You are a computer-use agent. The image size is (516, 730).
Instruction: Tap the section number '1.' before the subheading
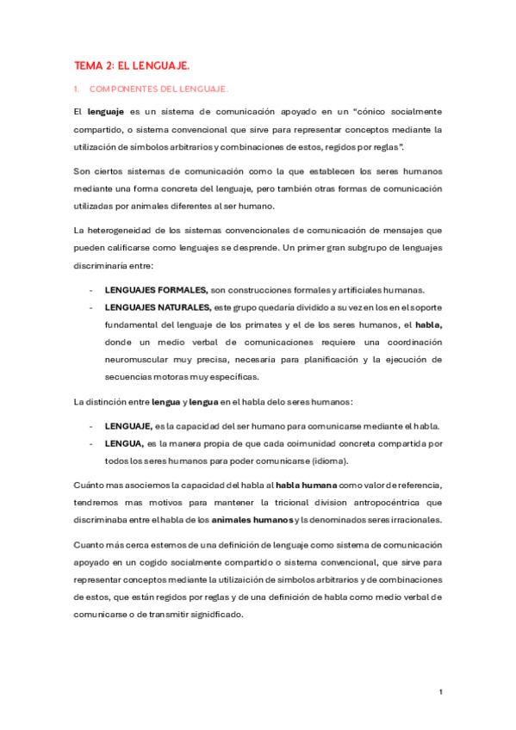tap(77, 90)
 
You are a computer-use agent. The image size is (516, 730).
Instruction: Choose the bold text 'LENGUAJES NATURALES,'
tap(158, 307)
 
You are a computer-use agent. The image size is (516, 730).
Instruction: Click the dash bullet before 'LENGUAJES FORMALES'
tap(91, 289)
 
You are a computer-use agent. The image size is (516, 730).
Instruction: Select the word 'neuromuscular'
tap(139, 359)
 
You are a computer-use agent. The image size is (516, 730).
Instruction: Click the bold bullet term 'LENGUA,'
tap(124, 443)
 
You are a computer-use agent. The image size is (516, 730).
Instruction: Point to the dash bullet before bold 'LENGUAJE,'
tap(91, 426)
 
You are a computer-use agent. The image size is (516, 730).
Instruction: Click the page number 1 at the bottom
tap(440, 692)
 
